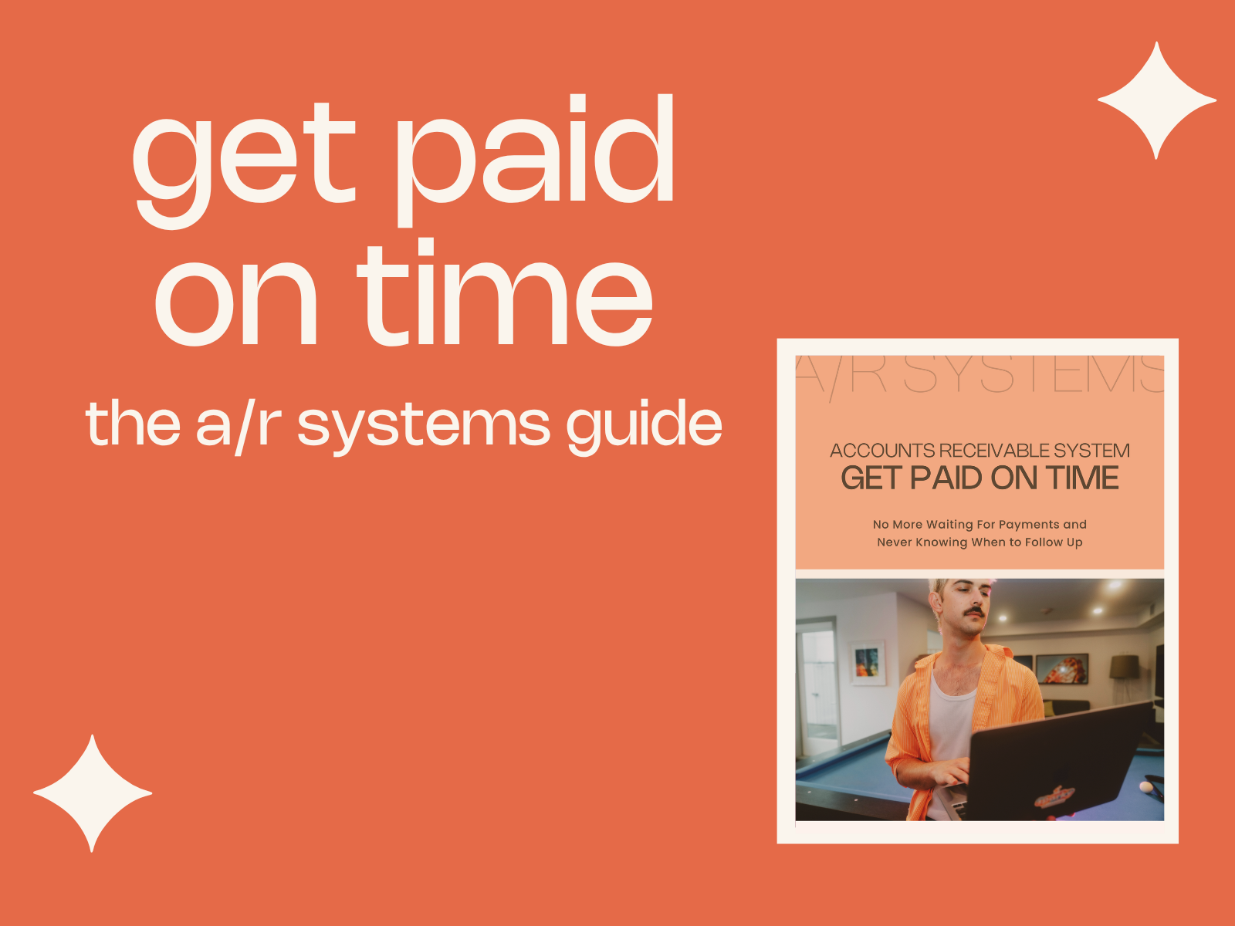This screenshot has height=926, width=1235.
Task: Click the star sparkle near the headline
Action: coord(1157,100)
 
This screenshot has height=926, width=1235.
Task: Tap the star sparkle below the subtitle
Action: coord(93,793)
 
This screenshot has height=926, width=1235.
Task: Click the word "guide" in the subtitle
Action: coord(645,427)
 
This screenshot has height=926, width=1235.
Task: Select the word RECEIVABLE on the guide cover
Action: coord(993,451)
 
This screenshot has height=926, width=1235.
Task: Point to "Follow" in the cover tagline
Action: coord(1042,542)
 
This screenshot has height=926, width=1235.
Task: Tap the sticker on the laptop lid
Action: coord(1054,796)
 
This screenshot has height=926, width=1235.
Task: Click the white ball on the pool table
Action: coord(1145,786)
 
